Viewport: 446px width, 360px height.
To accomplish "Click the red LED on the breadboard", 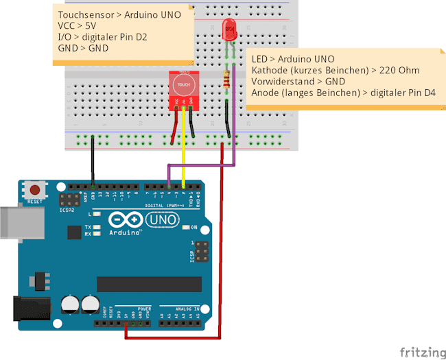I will (x=228, y=29).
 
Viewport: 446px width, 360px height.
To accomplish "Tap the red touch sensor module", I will (x=184, y=90).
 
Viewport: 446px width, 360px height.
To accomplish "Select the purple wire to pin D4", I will (x=235, y=137).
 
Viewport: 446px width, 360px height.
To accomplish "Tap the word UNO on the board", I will (x=161, y=220).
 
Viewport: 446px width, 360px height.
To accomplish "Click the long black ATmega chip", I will (x=149, y=284).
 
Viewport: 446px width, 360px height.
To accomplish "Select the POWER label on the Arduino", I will (x=143, y=309).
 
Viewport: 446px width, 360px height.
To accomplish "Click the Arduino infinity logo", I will (x=124, y=221).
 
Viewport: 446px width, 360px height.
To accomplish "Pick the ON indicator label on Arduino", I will (x=194, y=227).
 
